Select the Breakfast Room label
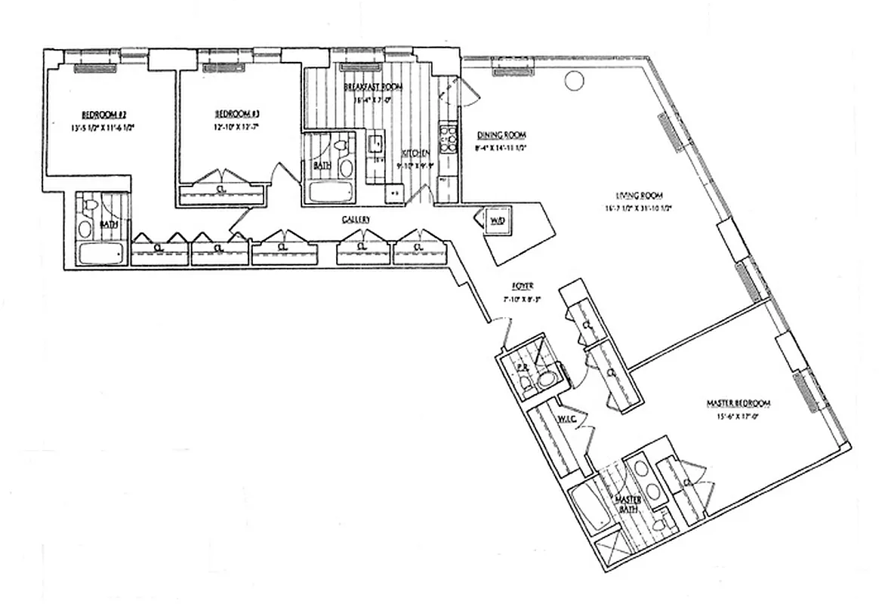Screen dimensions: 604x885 [373, 87]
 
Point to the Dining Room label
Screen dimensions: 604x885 [500, 134]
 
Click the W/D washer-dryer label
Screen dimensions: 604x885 [498, 220]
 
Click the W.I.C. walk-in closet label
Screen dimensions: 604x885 [568, 418]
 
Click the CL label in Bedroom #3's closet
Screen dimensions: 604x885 [220, 189]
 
